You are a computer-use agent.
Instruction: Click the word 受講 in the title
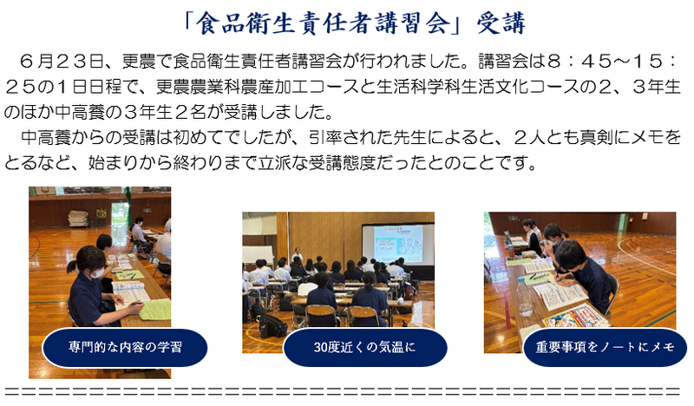(501, 23)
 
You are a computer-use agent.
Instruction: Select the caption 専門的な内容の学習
(125, 347)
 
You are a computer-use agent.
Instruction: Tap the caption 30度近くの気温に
(364, 348)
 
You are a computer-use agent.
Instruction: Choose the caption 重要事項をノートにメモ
(605, 347)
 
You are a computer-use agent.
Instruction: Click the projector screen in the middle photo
(398, 245)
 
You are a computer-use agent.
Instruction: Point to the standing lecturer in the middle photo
(298, 255)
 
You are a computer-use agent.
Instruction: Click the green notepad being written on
(156, 310)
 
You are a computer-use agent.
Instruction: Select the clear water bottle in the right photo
(525, 300)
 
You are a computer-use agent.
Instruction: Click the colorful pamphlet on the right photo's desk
(575, 318)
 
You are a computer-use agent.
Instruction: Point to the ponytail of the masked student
(72, 266)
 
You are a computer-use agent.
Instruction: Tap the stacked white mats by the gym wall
(78, 219)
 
